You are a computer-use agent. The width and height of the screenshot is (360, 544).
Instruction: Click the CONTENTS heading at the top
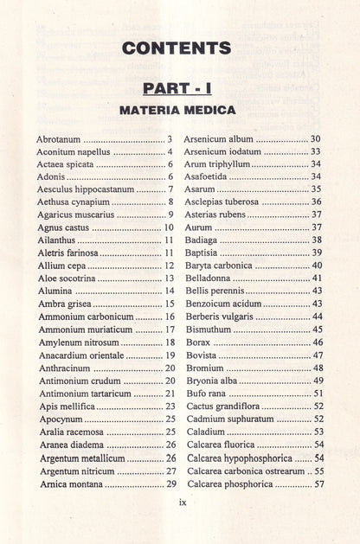coord(180,48)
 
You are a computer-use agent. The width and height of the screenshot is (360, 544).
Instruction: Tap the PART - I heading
coord(180,89)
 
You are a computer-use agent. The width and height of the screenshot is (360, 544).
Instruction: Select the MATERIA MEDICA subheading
coord(180,111)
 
